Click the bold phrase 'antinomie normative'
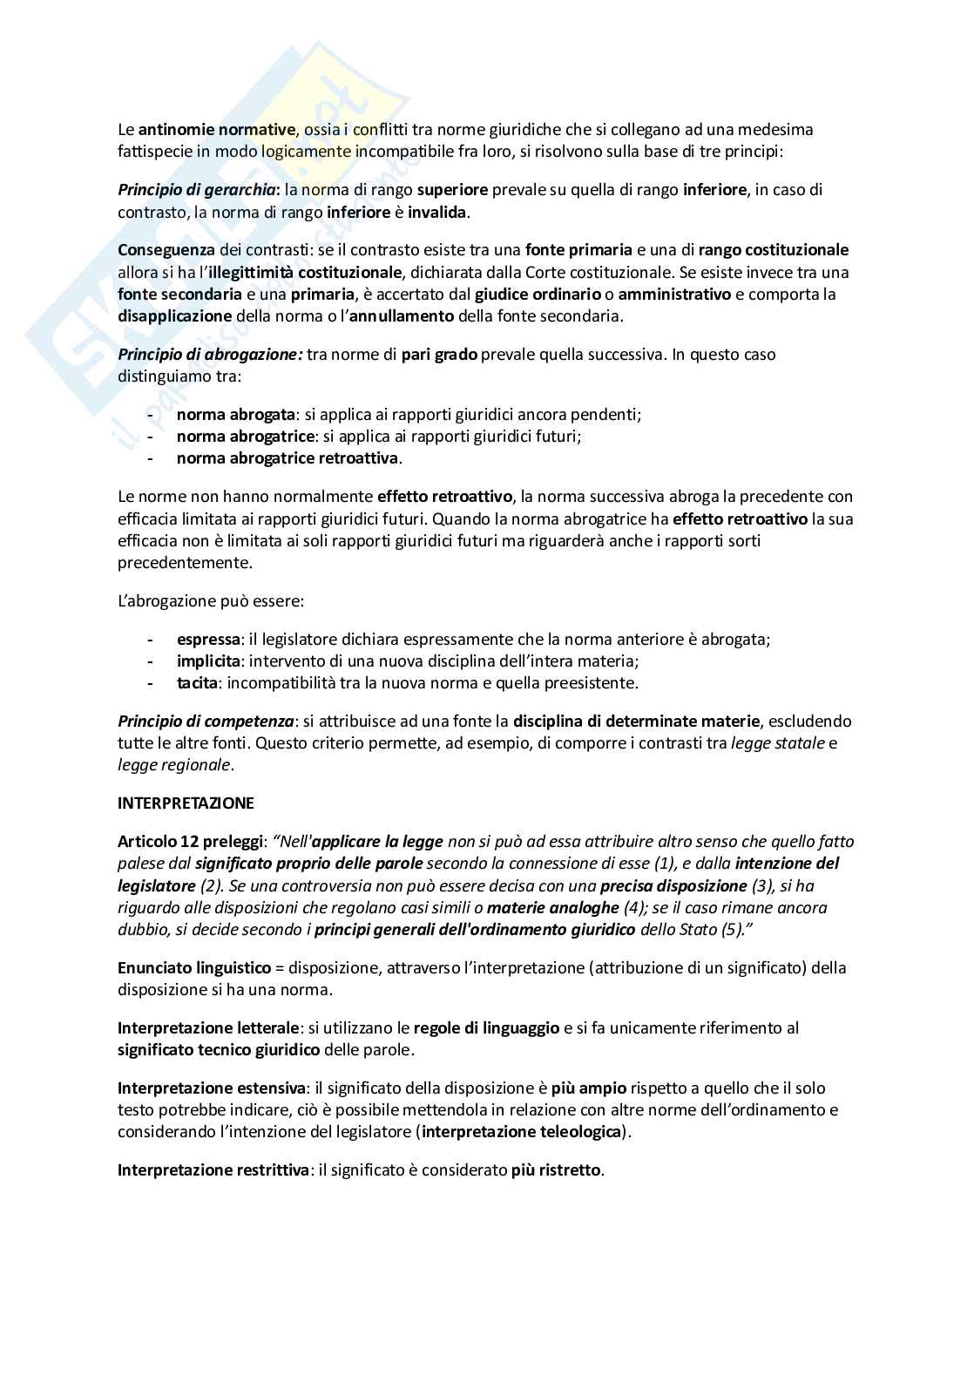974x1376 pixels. coord(217,130)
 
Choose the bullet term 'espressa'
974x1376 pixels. coord(207,640)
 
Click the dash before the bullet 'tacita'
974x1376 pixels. coord(152,683)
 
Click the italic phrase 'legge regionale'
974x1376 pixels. coord(174,765)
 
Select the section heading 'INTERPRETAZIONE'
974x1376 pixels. coord(186,803)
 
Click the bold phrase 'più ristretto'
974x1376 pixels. coord(556,1170)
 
